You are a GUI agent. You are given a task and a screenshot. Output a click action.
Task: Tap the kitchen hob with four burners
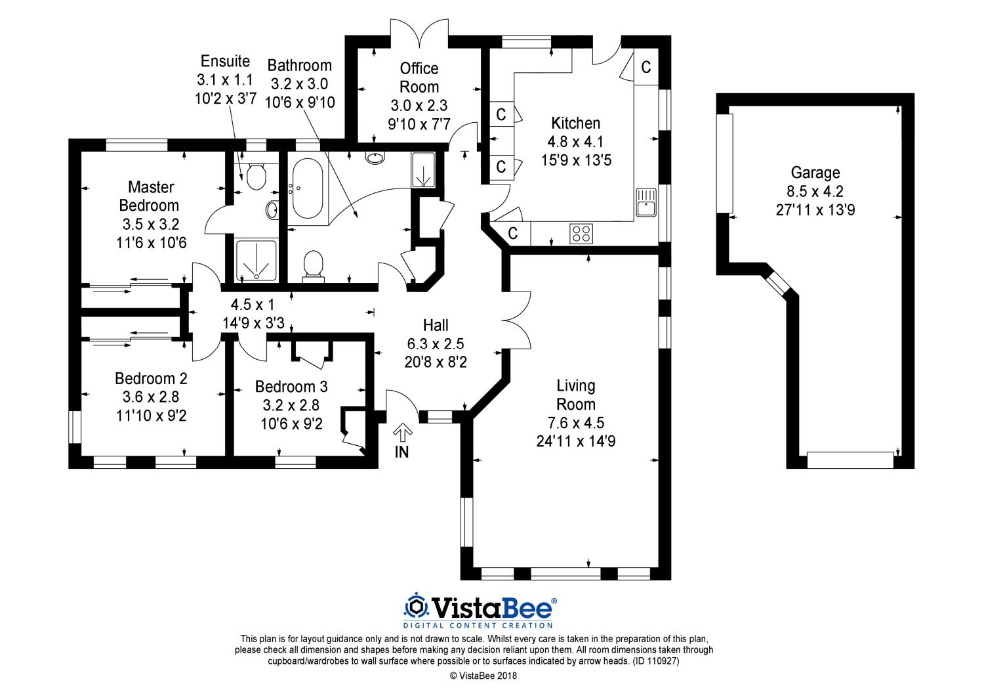581,234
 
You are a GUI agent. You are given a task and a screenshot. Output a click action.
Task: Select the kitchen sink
646,202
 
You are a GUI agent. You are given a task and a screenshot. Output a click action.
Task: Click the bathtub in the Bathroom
308,188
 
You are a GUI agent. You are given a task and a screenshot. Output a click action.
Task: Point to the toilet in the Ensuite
256,177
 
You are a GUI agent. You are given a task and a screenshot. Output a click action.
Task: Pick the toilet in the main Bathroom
313,265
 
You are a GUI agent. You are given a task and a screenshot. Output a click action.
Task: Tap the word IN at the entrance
402,452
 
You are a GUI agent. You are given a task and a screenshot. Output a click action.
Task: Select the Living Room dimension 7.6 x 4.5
575,422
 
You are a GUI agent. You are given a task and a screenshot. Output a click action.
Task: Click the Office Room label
419,77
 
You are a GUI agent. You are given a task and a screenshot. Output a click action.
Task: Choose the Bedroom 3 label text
291,387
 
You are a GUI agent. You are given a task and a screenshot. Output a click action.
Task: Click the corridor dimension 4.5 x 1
253,304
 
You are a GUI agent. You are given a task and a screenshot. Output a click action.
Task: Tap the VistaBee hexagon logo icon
415,607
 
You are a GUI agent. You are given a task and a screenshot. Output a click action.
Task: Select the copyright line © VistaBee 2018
483,676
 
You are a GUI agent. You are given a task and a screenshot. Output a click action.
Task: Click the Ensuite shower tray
256,260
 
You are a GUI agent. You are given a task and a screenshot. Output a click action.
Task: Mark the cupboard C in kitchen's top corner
646,67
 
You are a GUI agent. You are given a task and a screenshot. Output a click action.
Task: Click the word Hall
436,326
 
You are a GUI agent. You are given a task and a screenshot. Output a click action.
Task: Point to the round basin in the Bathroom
375,158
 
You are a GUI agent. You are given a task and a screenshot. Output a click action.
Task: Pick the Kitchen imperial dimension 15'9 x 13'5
575,160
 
